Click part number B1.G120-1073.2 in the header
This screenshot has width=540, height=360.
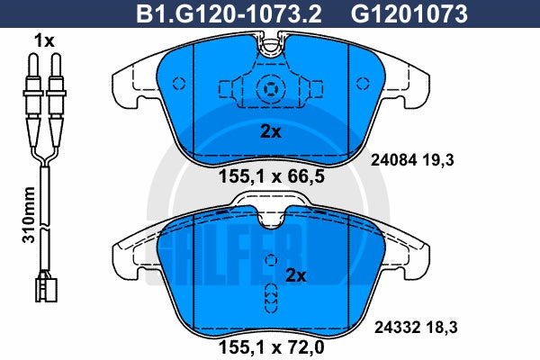click(x=229, y=14)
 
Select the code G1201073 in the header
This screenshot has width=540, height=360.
click(x=409, y=14)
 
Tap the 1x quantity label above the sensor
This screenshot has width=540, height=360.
click(x=44, y=41)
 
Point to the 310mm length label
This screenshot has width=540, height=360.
click(x=29, y=214)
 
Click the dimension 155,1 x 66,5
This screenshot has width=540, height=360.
click(x=272, y=176)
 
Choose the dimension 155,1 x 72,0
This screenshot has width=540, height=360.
click(x=272, y=347)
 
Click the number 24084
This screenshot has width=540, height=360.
click(x=394, y=160)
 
